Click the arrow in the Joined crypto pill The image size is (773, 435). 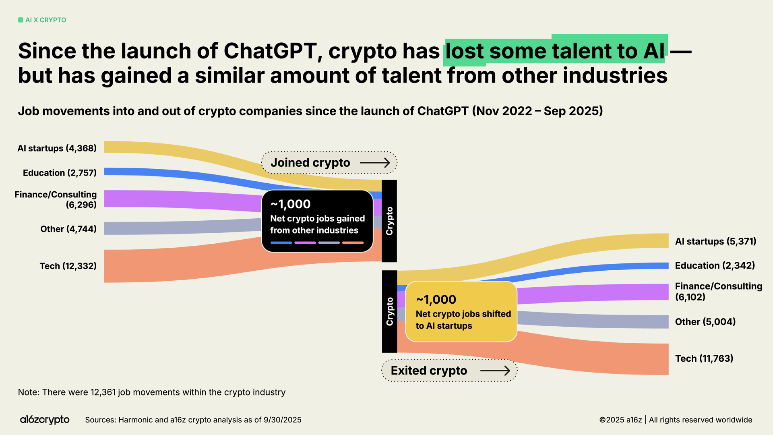click(x=375, y=163)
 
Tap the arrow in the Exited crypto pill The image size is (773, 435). click(x=495, y=371)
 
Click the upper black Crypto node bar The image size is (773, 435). click(x=389, y=221)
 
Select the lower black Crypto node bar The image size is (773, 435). click(x=389, y=311)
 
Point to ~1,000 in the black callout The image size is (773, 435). click(x=290, y=204)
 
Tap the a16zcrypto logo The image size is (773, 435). click(x=45, y=420)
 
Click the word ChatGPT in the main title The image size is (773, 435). click(x=270, y=51)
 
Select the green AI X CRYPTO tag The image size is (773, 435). click(x=42, y=20)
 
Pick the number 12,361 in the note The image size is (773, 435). click(x=103, y=392)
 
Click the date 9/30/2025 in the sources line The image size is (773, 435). click(x=282, y=420)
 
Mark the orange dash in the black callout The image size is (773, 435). click(x=353, y=242)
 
